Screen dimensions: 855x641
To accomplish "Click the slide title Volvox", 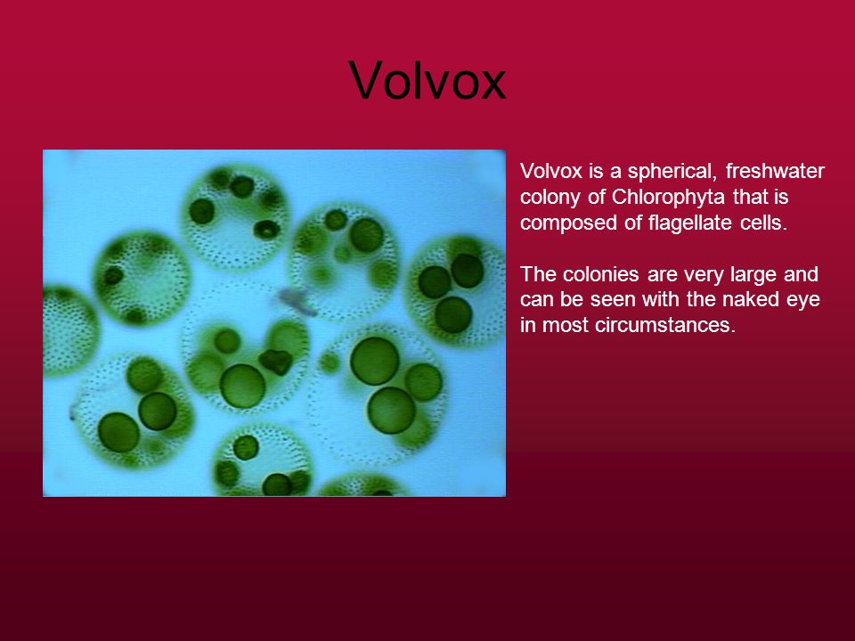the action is point(427,81).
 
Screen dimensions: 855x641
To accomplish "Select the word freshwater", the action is point(775,171).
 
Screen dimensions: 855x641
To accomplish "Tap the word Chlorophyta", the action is point(668,198).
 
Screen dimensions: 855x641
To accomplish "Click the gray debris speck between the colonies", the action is point(297,302).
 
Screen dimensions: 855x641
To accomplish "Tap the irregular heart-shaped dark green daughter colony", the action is point(276,361).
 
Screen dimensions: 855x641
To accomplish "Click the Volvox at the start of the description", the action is point(551,172).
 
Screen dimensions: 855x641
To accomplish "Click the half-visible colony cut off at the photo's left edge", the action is point(69,330).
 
